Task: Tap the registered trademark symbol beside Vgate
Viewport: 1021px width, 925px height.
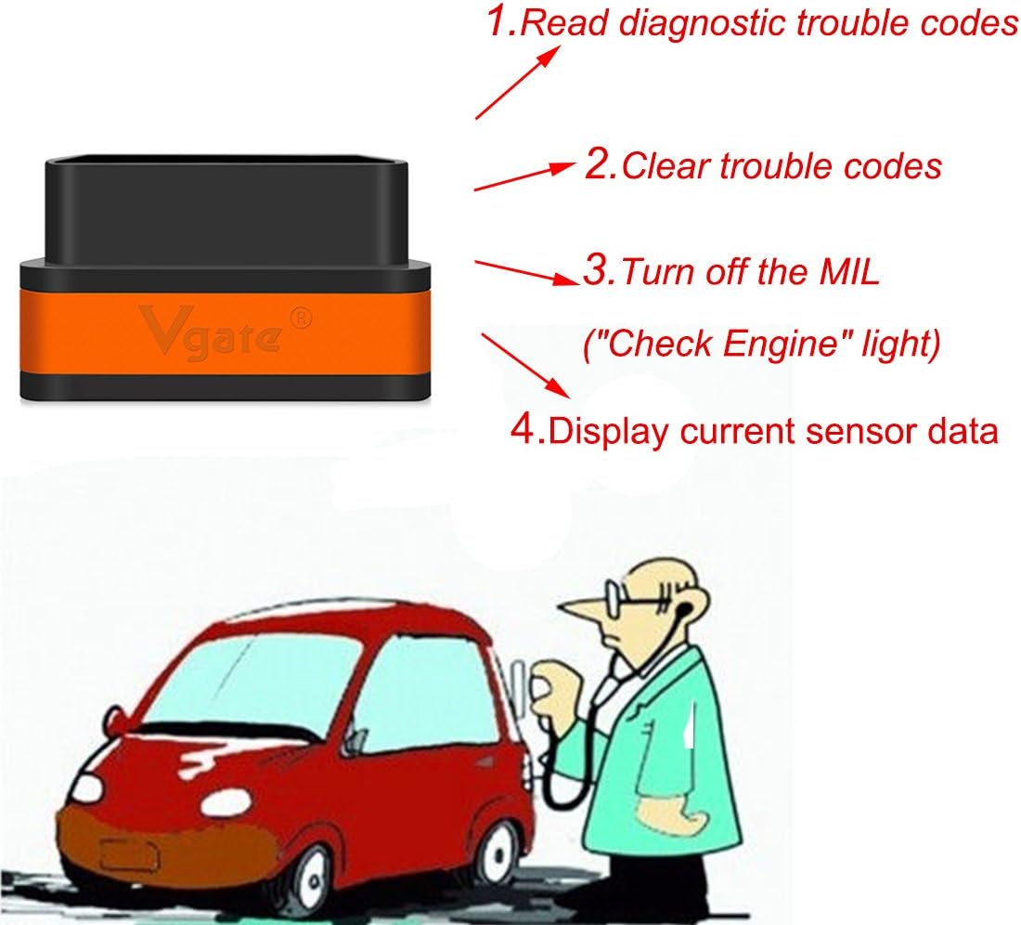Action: coord(302,316)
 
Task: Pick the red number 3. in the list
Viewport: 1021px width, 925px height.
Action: coord(598,271)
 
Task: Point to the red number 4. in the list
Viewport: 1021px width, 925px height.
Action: coord(528,430)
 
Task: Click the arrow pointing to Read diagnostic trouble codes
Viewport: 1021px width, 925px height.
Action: coord(518,81)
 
